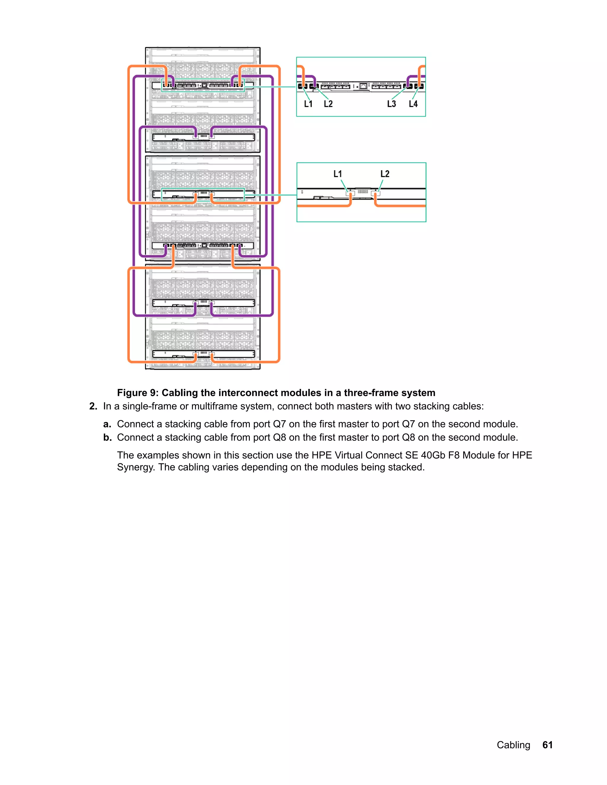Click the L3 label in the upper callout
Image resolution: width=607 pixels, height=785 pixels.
391,104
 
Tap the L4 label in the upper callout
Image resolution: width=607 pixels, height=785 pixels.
413,104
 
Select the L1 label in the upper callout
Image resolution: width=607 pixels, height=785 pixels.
308,104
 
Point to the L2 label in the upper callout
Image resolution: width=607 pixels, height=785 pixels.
328,104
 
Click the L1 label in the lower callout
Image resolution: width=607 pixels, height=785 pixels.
337,174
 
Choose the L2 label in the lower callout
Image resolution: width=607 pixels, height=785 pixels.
385,174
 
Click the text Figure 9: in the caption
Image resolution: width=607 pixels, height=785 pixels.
138,392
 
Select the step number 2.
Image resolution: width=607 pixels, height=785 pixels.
93,406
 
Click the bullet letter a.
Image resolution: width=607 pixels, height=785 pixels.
107,424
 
